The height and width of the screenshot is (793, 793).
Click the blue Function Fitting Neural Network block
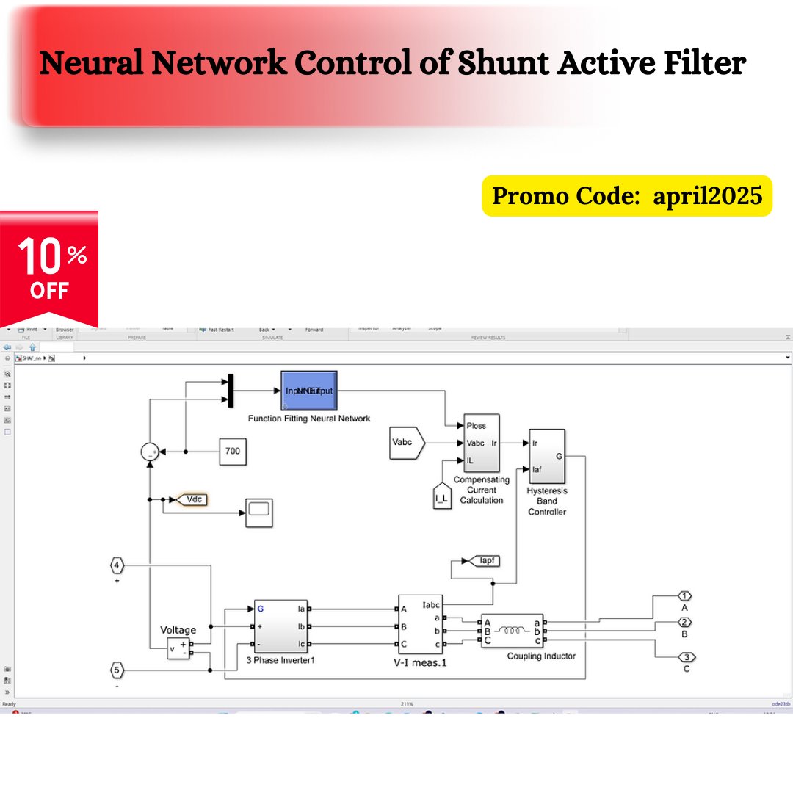click(x=309, y=391)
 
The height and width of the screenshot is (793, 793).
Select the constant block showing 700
click(x=233, y=451)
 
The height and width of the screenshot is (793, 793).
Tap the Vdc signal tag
click(x=192, y=500)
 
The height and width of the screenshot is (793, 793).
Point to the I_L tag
click(x=441, y=496)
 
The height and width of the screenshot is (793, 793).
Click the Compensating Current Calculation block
click(x=481, y=443)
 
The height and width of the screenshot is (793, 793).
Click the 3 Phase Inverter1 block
click(x=281, y=626)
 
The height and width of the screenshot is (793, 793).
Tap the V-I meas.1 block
click(x=421, y=624)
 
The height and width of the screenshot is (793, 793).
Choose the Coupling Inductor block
click(x=513, y=631)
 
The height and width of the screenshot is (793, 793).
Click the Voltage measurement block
click(x=178, y=648)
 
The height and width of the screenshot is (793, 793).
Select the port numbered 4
click(x=117, y=565)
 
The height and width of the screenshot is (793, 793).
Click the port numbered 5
click(x=117, y=670)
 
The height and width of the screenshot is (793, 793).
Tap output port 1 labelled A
click(x=684, y=595)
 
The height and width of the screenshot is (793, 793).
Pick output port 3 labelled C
click(x=685, y=656)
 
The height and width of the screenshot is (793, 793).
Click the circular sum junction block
click(x=150, y=452)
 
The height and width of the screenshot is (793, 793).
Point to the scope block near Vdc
click(x=259, y=511)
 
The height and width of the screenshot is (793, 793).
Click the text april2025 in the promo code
click(x=707, y=196)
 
